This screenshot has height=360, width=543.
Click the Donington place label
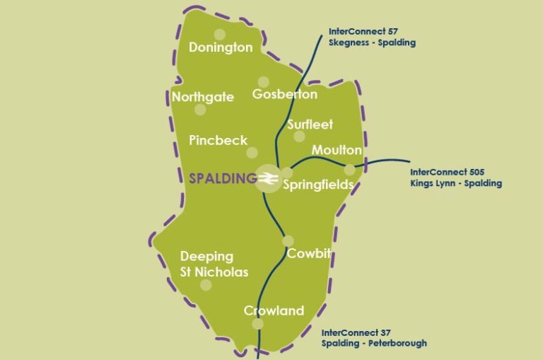pyautogui.click(x=221, y=47)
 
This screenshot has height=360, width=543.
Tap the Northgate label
pyautogui.click(x=203, y=97)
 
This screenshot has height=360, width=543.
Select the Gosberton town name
pyautogui.click(x=285, y=94)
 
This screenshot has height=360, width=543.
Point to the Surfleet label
pyautogui.click(x=310, y=124)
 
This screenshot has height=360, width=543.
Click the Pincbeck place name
pyautogui.click(x=218, y=140)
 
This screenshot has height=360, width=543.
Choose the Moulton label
pyautogui.click(x=337, y=151)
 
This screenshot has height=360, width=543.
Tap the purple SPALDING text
pyautogui.click(x=222, y=178)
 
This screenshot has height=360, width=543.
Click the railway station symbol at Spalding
pyautogui.click(x=267, y=179)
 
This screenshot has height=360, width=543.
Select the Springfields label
pyautogui.click(x=318, y=185)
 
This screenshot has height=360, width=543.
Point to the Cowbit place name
pyautogui.click(x=309, y=254)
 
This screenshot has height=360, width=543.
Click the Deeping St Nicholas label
pyautogui.click(x=214, y=264)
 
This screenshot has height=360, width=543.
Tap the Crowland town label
pyautogui.click(x=274, y=310)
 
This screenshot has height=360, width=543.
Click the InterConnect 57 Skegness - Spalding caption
pyautogui.click(x=372, y=37)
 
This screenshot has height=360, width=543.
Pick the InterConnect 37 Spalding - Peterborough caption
pyautogui.click(x=374, y=337)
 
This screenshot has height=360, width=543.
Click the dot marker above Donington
pyautogui.click(x=220, y=34)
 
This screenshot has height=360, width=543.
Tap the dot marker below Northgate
pyautogui.click(x=200, y=110)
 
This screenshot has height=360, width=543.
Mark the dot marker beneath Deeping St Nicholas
pyautogui.click(x=206, y=285)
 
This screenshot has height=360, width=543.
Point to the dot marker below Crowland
pyautogui.click(x=257, y=324)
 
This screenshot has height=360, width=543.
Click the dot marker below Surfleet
pyautogui.click(x=299, y=137)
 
